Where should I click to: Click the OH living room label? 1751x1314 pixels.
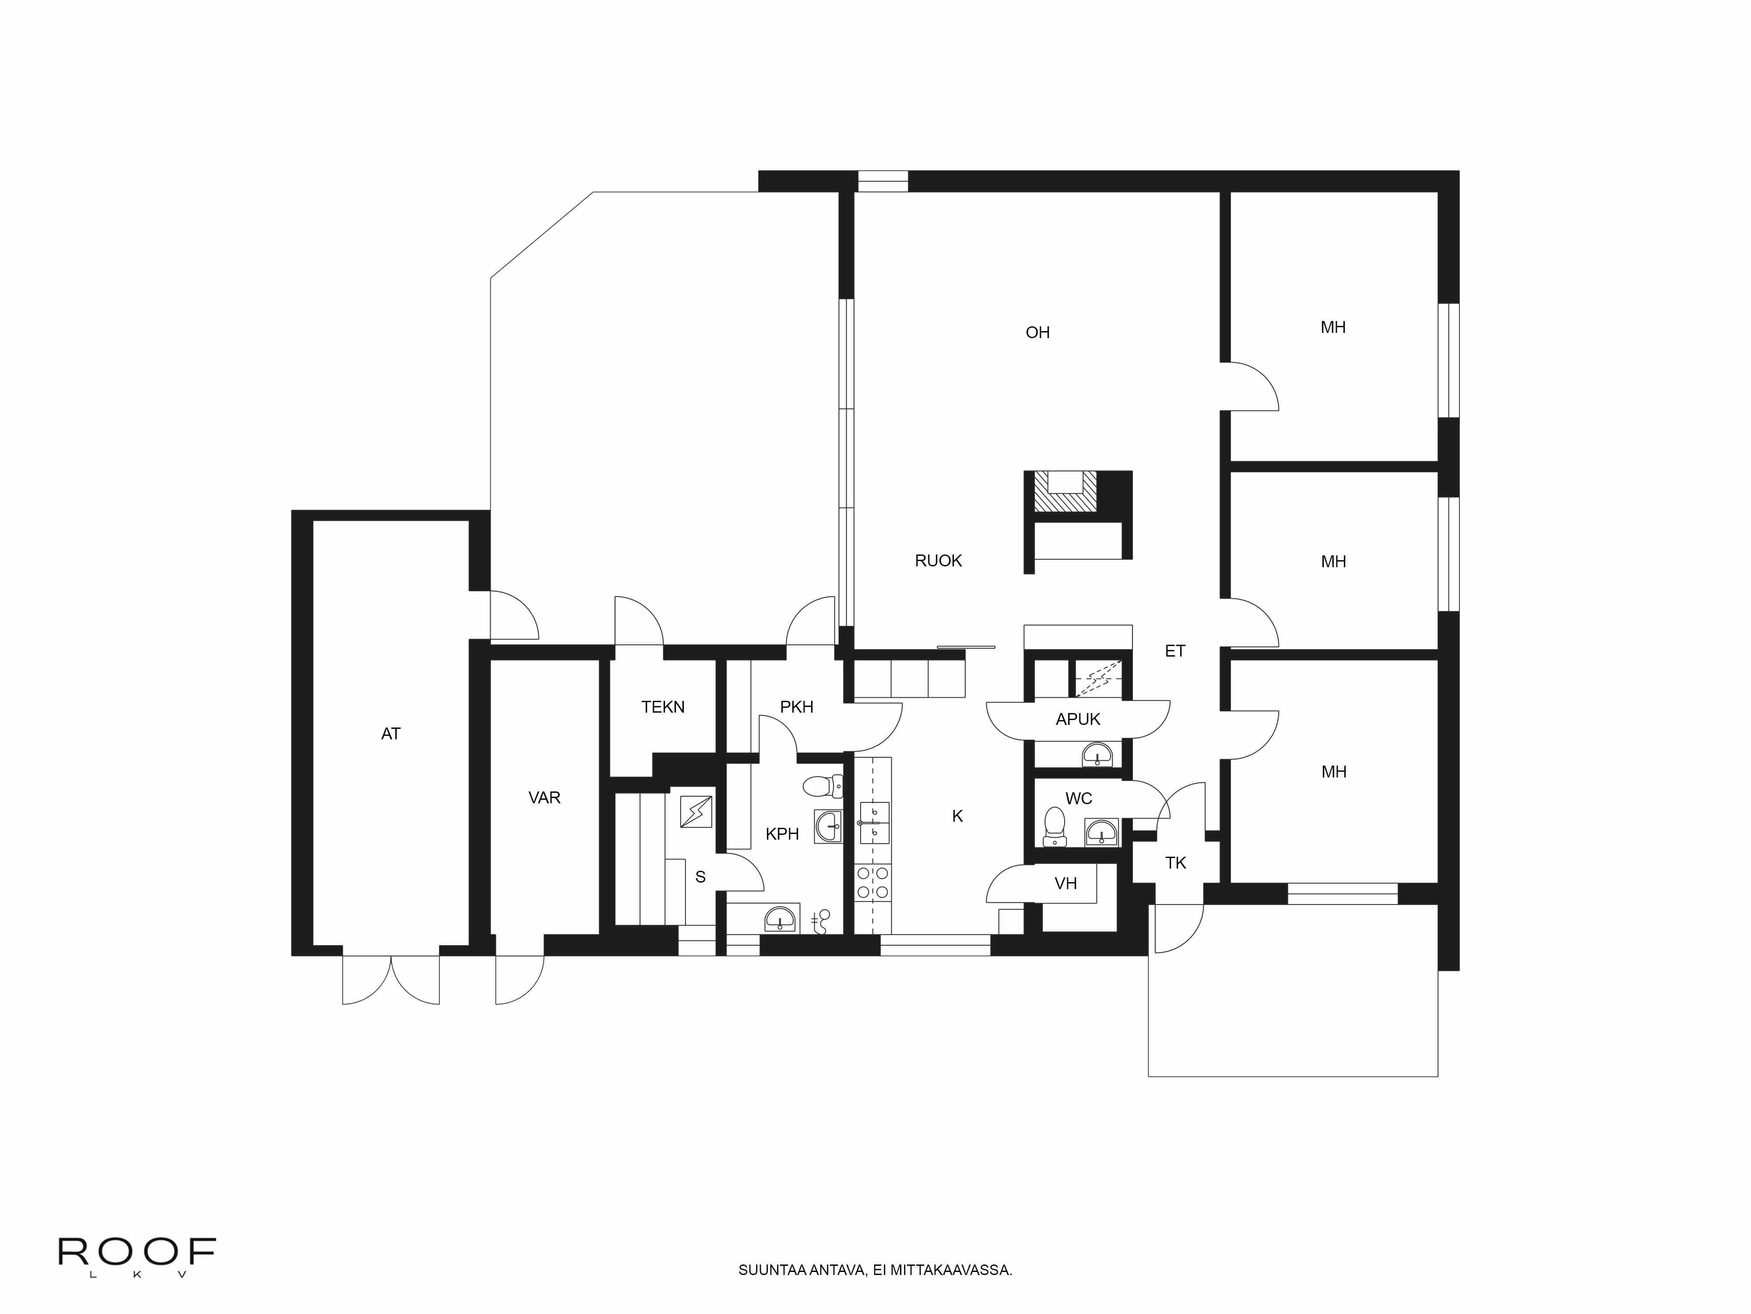tap(1037, 332)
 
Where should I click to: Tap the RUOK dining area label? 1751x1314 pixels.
tap(938, 561)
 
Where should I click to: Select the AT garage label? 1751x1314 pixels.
tap(390, 734)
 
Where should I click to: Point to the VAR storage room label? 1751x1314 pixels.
tap(544, 798)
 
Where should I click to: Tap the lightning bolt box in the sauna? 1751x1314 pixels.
tap(696, 812)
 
